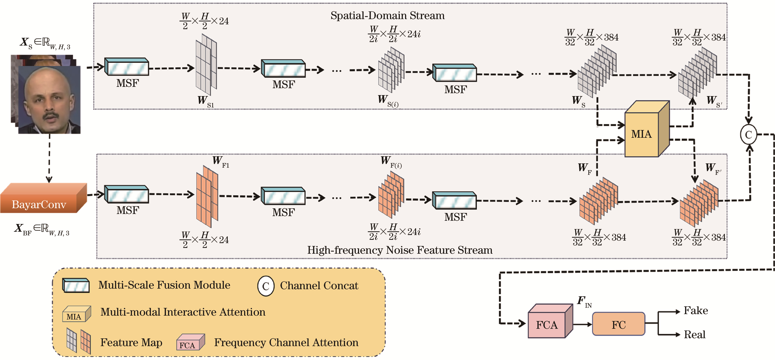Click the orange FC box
(x=618, y=324)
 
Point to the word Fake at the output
(x=695, y=310)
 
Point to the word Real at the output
(x=694, y=334)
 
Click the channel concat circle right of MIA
(x=749, y=134)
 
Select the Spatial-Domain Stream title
(x=387, y=16)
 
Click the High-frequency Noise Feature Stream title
(x=399, y=250)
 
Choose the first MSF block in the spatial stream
(x=127, y=67)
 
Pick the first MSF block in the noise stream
(x=127, y=194)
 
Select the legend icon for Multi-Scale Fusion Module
(x=76, y=285)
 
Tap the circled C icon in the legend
(x=266, y=286)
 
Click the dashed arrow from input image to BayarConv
(x=49, y=158)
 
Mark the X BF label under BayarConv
(x=41, y=229)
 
